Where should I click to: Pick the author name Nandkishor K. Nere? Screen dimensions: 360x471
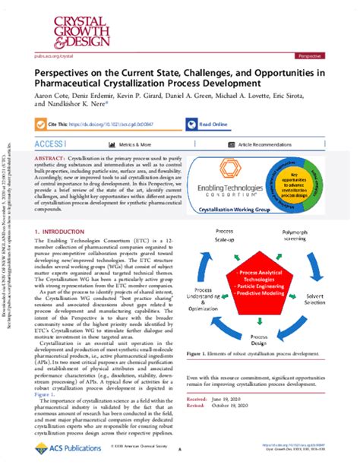[79, 106]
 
